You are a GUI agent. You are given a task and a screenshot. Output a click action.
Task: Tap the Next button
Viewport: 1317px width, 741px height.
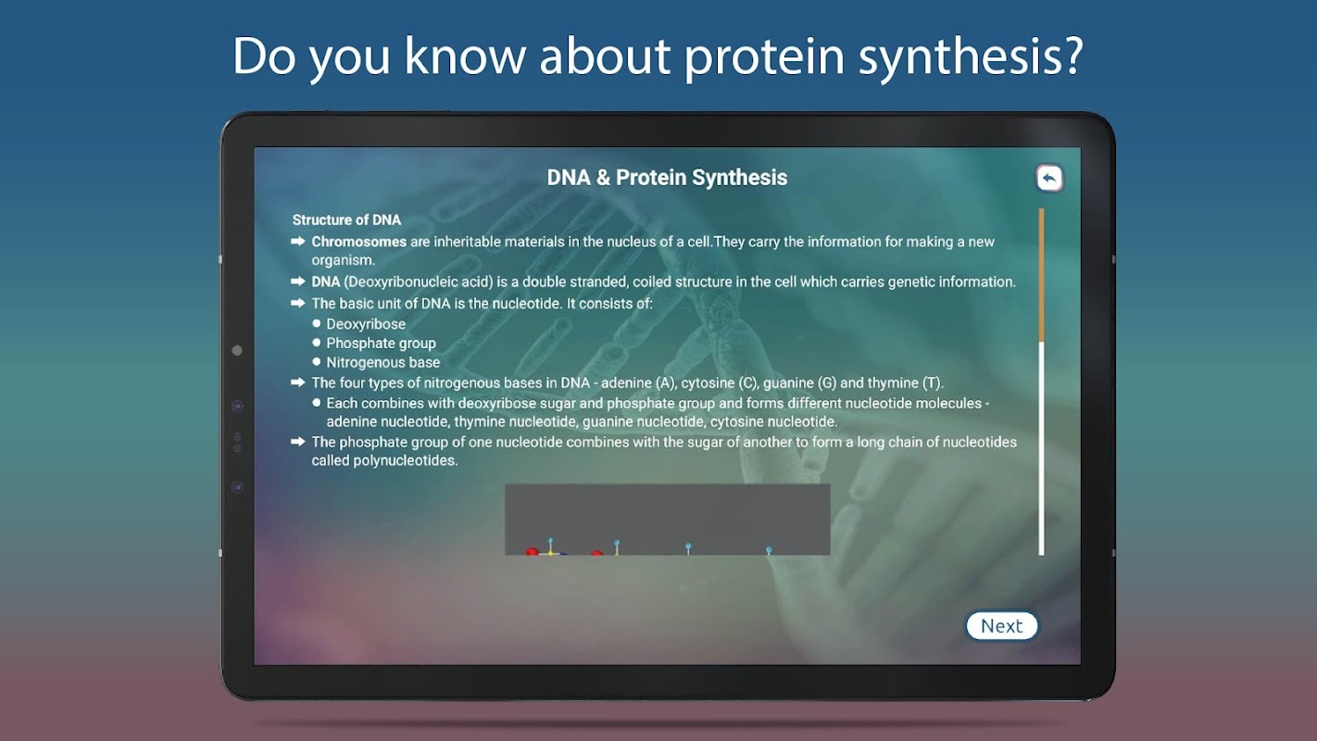click(1002, 626)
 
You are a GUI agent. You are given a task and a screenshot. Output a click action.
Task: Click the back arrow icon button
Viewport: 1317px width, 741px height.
click(1049, 178)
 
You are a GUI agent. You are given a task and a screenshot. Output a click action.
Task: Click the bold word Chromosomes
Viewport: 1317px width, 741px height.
click(358, 242)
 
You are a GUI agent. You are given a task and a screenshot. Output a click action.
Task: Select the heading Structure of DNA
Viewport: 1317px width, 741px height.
click(346, 220)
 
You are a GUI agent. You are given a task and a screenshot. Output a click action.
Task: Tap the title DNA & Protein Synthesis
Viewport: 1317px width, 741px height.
click(667, 178)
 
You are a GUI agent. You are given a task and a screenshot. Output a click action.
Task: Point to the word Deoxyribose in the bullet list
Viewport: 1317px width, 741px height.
click(366, 324)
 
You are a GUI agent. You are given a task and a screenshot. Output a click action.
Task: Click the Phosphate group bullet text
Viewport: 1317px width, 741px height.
click(381, 344)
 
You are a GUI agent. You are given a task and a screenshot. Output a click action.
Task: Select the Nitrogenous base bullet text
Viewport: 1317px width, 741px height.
click(383, 362)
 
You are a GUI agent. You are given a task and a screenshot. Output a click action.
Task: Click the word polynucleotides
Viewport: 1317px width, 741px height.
click(405, 460)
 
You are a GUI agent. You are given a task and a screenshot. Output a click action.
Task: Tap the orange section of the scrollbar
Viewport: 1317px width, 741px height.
click(1041, 275)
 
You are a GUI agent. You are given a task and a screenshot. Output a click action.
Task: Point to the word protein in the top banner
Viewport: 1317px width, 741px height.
click(764, 57)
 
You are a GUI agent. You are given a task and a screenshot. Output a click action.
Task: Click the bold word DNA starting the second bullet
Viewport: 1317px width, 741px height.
click(326, 282)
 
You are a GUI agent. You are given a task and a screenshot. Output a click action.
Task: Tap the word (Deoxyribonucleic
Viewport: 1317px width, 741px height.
click(418, 283)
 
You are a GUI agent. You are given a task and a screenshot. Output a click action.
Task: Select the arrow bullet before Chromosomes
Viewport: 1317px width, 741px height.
click(297, 241)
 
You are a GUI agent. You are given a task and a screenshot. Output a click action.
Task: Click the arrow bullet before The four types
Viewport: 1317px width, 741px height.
click(297, 383)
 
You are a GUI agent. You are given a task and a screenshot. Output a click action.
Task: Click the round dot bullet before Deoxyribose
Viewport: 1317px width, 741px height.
click(317, 323)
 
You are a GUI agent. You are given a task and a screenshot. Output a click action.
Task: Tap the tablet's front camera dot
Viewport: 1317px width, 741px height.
click(237, 350)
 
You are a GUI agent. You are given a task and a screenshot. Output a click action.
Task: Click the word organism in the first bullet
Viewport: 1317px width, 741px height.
click(342, 260)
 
